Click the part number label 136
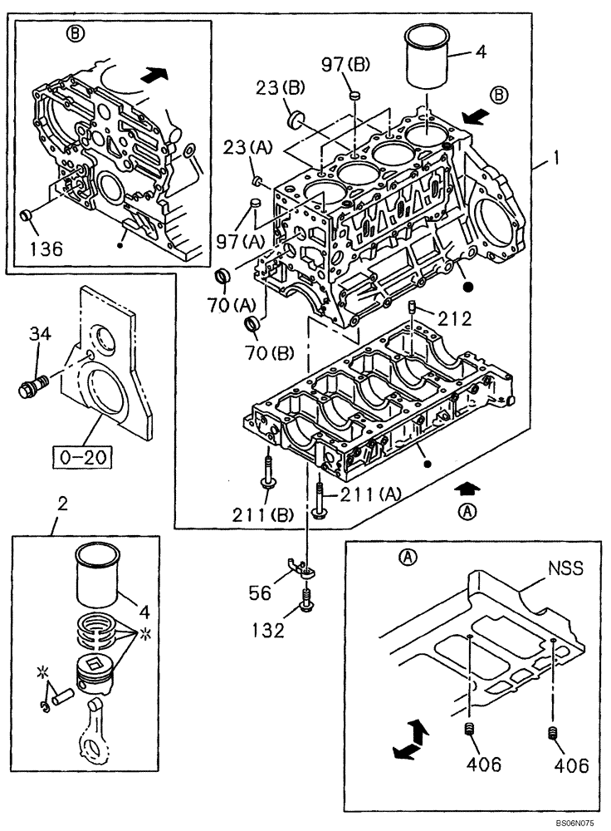(45, 248)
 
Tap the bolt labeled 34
(32, 386)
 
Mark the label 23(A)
(247, 147)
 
